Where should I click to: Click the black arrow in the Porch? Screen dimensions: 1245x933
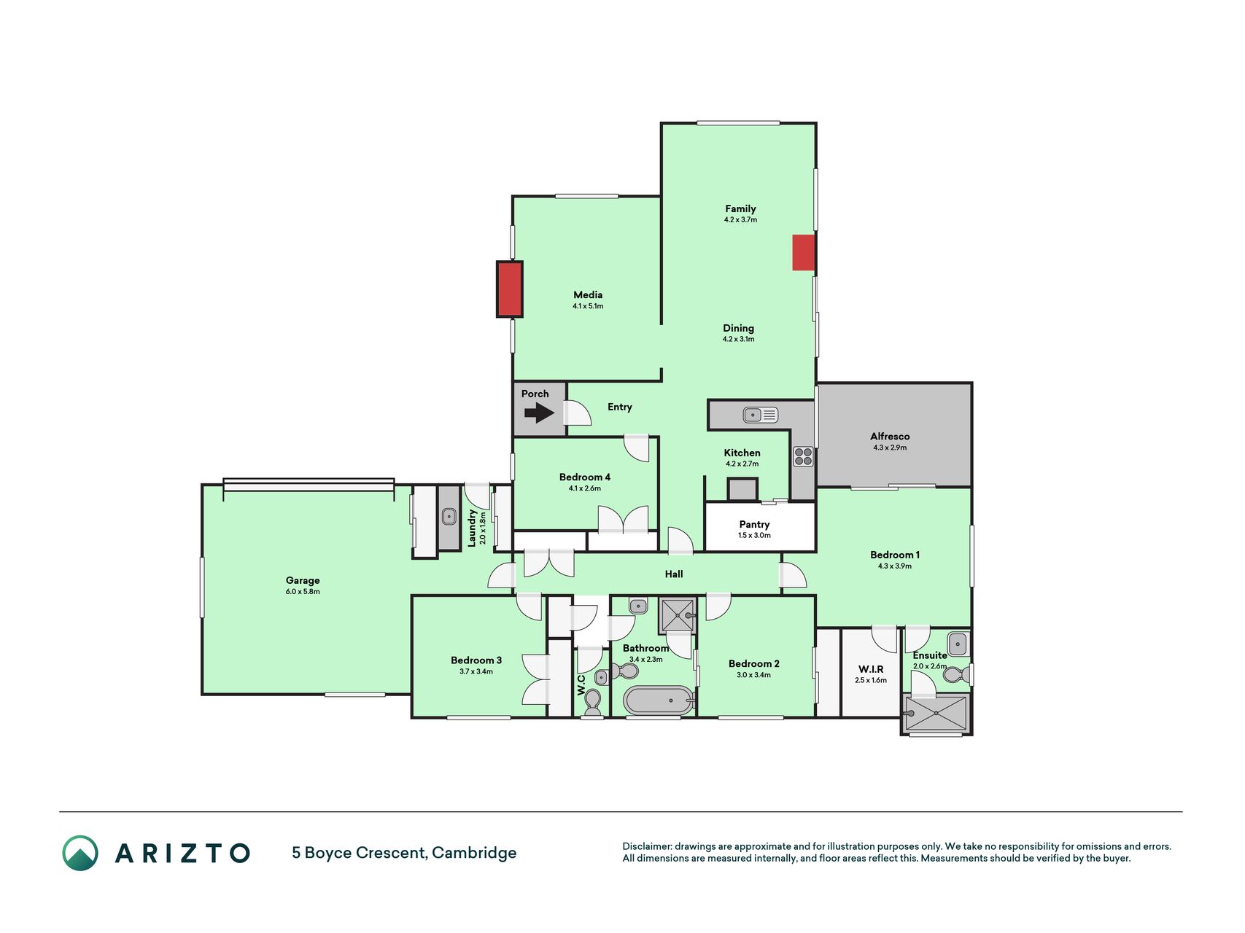coord(539,413)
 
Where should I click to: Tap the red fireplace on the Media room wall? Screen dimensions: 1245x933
coord(510,289)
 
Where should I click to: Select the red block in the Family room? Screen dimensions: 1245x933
coord(804,252)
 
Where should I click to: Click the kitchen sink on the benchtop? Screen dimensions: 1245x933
coord(761,415)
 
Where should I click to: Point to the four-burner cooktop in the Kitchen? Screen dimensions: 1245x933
coord(803,456)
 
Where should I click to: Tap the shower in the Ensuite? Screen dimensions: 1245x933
coord(936,713)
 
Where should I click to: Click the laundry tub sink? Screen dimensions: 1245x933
coord(449,516)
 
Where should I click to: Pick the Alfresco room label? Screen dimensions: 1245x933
coord(890,436)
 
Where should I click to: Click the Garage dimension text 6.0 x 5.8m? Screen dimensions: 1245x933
coord(303,592)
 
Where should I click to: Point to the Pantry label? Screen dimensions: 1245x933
coord(754,524)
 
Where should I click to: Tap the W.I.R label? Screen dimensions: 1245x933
coord(871,669)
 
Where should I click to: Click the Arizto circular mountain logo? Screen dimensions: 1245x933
coord(80,853)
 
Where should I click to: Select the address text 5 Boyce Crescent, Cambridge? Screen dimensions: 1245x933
coord(404,853)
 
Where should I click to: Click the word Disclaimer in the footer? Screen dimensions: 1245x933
coord(646,846)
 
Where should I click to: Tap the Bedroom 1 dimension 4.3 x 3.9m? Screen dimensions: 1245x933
coord(895,566)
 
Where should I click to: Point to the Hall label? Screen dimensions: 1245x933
coord(674,574)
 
